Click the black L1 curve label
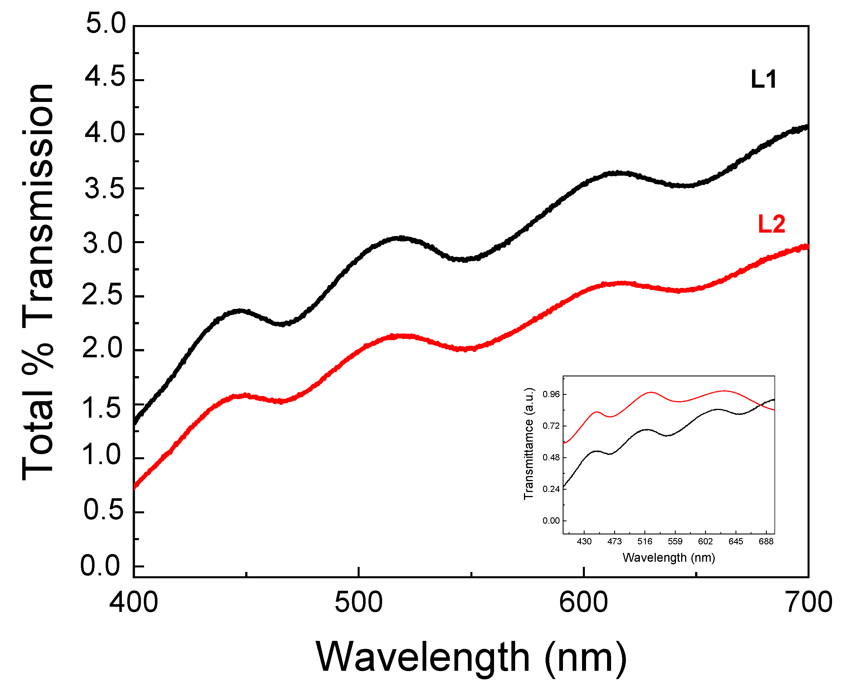[x=763, y=80]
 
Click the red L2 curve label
[x=771, y=224]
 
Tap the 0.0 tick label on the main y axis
[x=100, y=566]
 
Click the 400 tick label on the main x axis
[x=133, y=602]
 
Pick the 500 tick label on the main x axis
[x=358, y=602]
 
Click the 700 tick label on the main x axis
[x=808, y=602]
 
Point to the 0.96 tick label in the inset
[x=551, y=394]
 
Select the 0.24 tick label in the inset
[x=551, y=489]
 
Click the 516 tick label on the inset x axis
[x=645, y=541]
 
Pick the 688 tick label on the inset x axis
[x=766, y=541]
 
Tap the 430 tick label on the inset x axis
[x=584, y=541]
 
